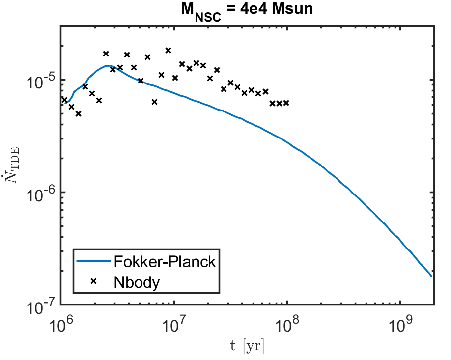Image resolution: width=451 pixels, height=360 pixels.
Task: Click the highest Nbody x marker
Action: [168, 50]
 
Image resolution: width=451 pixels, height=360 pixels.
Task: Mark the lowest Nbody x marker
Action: [78, 113]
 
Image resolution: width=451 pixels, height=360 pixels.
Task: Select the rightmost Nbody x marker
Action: [286, 103]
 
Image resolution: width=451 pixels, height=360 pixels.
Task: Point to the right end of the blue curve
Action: [431, 276]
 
